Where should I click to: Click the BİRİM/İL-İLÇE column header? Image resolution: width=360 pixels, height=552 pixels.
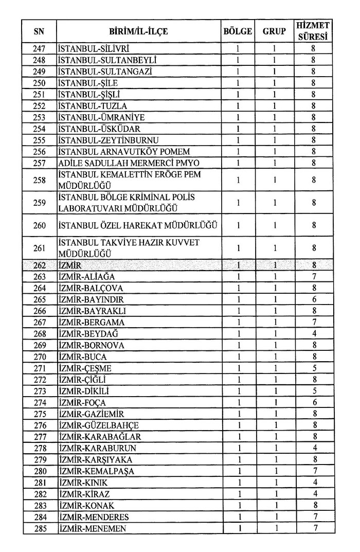click(x=138, y=31)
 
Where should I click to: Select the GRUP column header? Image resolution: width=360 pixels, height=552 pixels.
click(x=274, y=31)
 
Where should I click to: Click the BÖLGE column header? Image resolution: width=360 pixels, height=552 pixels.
click(x=238, y=31)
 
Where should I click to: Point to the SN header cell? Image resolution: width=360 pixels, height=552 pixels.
click(x=39, y=31)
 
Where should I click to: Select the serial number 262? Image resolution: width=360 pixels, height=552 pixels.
click(x=39, y=265)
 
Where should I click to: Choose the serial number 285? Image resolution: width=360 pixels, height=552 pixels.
click(x=39, y=528)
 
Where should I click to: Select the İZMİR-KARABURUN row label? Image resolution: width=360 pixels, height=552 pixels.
click(x=97, y=448)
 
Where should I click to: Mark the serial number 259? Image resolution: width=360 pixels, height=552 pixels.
click(x=39, y=203)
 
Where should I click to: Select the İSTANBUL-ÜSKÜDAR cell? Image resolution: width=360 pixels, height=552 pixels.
click(x=99, y=129)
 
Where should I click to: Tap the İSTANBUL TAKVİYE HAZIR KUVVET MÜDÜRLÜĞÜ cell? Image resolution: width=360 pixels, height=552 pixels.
click(x=129, y=248)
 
